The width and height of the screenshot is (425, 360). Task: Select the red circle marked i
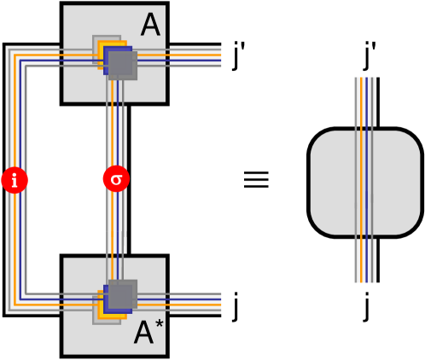[x=14, y=180]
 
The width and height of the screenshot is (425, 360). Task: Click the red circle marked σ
[x=116, y=180]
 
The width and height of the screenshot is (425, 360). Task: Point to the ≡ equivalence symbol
[x=257, y=180]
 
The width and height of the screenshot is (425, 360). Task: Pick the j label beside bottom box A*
[x=238, y=305]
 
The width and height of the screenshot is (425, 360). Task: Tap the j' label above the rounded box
[x=368, y=60]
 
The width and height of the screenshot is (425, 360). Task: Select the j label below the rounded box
[x=366, y=305]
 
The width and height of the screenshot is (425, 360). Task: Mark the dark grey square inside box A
[x=121, y=66]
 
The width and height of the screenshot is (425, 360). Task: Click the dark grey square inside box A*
[x=122, y=294]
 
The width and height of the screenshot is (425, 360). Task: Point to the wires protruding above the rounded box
[x=367, y=102]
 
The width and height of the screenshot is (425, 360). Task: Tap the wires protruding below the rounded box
[x=367, y=259]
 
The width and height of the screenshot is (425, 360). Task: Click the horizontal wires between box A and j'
[x=197, y=55]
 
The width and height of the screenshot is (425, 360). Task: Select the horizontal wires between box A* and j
[x=197, y=305]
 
